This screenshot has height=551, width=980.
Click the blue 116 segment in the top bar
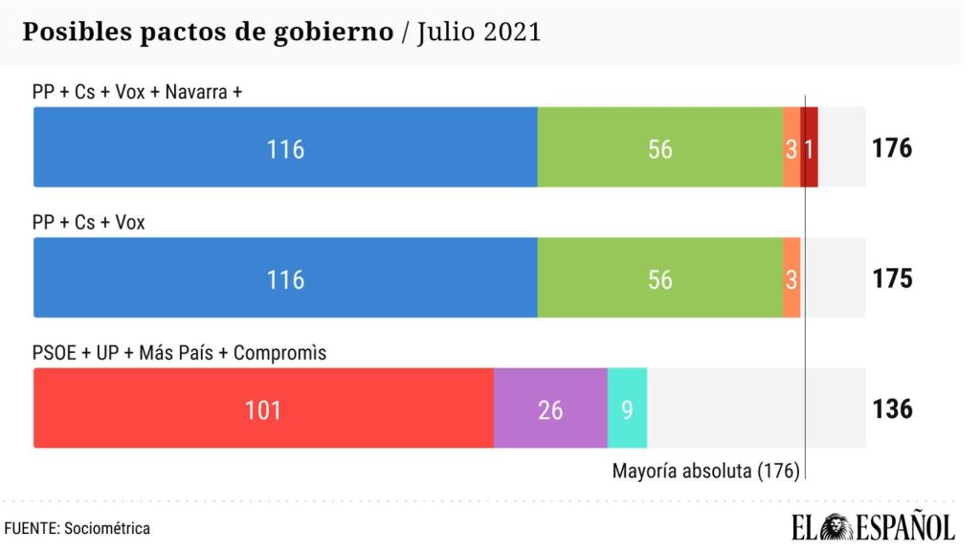click(285, 147)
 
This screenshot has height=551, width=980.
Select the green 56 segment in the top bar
click(659, 147)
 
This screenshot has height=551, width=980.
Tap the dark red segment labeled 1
click(810, 147)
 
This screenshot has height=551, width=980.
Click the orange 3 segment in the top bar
click(791, 147)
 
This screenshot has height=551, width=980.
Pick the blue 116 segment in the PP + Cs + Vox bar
click(285, 278)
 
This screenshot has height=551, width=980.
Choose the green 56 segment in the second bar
click(659, 278)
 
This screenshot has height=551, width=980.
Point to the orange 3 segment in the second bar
click(791, 278)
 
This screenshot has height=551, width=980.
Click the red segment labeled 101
click(263, 408)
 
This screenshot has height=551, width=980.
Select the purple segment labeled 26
click(550, 408)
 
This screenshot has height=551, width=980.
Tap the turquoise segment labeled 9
click(627, 408)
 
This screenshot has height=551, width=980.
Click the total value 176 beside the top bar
click(892, 148)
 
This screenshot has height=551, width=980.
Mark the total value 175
click(892, 278)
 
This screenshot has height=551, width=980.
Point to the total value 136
click(892, 409)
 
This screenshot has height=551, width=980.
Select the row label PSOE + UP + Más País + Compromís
click(179, 353)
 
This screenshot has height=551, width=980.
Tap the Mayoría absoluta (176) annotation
click(705, 472)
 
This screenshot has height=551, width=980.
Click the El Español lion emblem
click(838, 526)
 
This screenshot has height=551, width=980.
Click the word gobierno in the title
click(334, 32)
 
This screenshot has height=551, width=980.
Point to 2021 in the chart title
click(511, 32)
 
